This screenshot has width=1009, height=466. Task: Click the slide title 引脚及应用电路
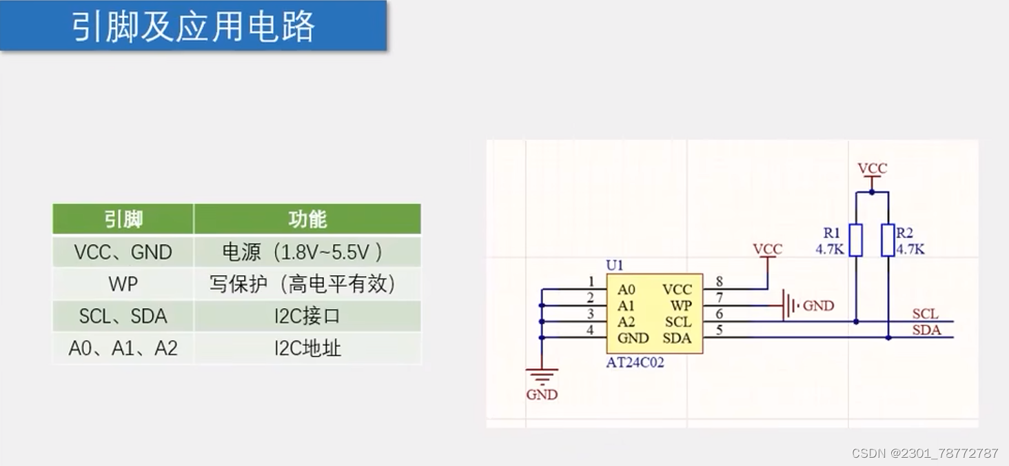pos(194,27)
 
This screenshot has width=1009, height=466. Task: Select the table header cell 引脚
pos(123,219)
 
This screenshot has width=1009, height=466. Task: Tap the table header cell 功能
pos(307,219)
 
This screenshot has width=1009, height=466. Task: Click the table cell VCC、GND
pos(123,252)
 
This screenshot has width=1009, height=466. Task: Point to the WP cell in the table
pos(123,284)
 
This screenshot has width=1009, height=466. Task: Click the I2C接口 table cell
pos(307,316)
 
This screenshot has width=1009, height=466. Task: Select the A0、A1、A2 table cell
pos(123,348)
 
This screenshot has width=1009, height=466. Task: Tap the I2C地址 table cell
pos(307,348)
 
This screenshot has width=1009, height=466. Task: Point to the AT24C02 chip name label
pos(635,363)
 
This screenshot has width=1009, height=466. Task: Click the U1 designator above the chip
pos(614,265)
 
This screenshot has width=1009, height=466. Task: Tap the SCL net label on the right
pos(925,314)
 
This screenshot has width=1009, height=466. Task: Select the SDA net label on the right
pos(926,330)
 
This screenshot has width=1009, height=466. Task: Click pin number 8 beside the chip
pos(720,281)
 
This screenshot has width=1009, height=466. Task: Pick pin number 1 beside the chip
pos(591,281)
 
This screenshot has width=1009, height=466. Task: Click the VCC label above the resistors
pos(872,168)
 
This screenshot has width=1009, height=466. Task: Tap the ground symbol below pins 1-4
pos(542,376)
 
